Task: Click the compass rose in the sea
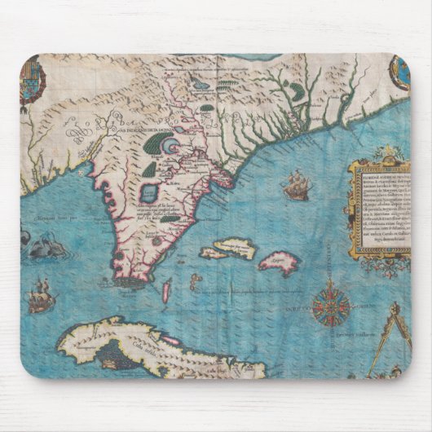tap(331, 308)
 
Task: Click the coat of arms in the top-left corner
tap(33, 82)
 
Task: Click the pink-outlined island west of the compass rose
tap(280, 262)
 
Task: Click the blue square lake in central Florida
tap(150, 193)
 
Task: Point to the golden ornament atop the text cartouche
tap(377, 153)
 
